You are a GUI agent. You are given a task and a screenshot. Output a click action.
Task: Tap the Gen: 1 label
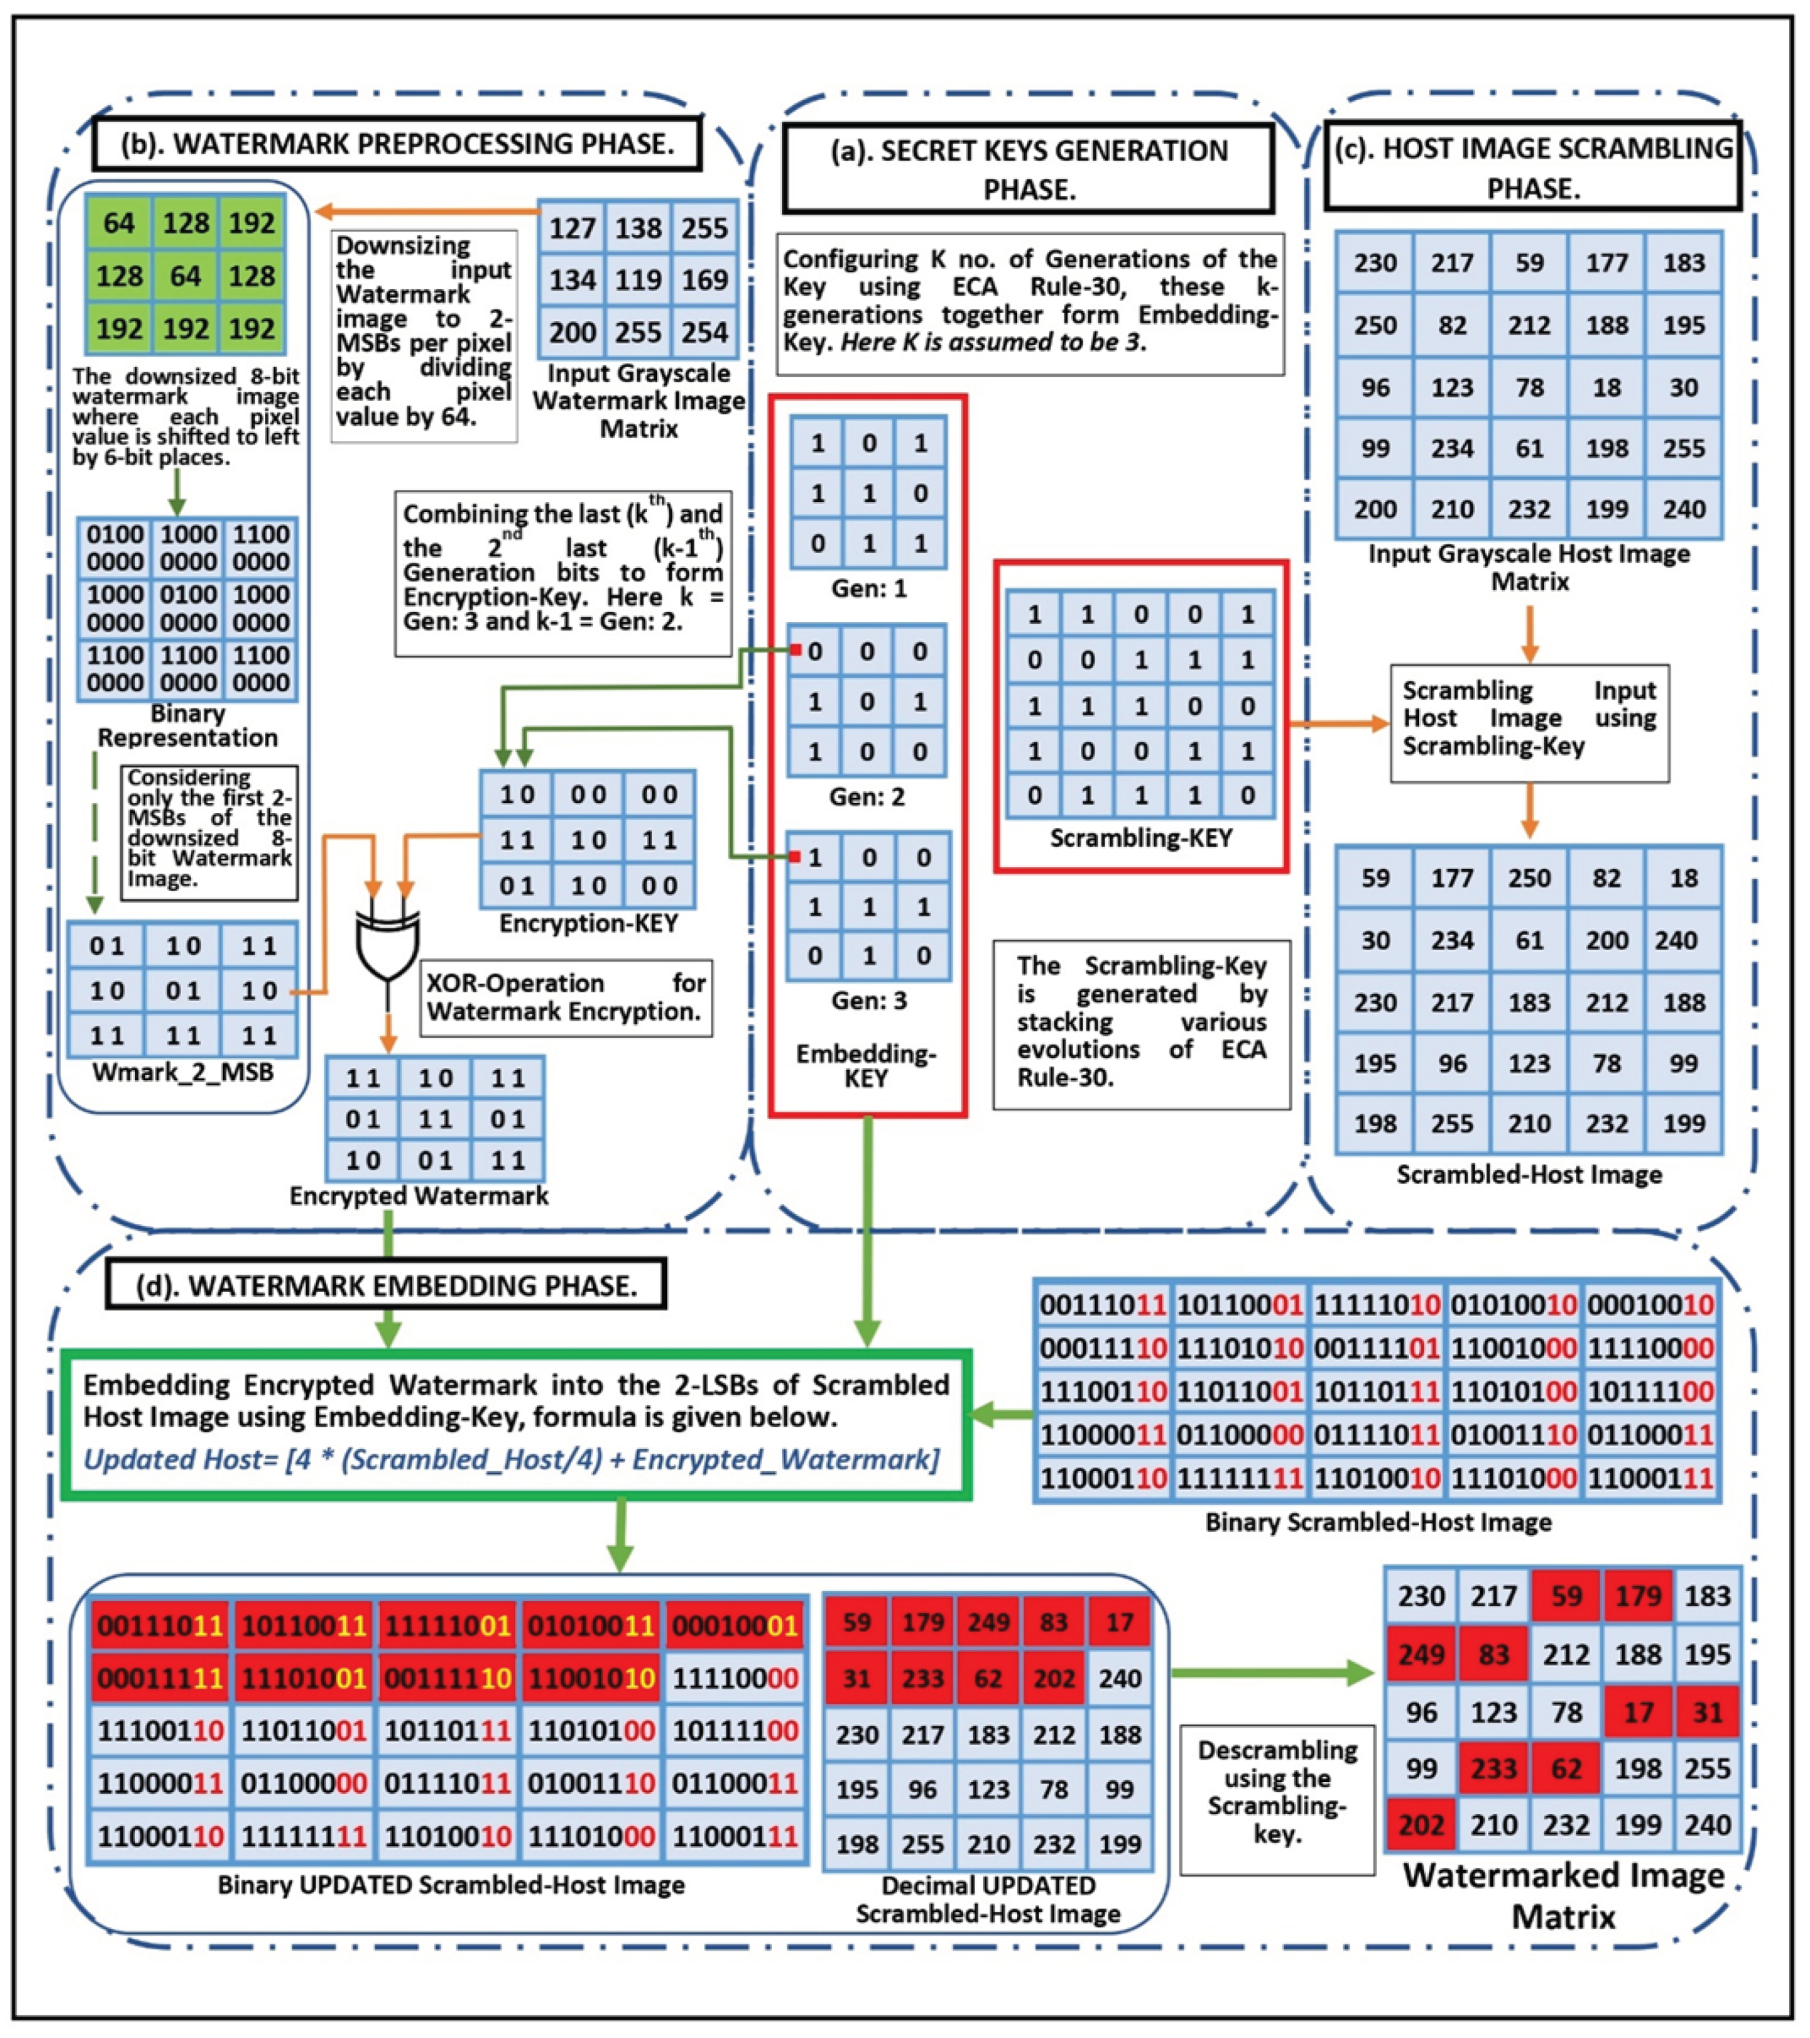(869, 588)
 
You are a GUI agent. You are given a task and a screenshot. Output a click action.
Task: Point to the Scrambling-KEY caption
(1141, 838)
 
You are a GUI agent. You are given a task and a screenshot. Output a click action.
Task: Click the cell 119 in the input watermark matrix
(638, 280)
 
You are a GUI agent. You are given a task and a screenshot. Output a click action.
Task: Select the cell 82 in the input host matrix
(1452, 325)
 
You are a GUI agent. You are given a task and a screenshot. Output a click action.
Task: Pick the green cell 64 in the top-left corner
(119, 223)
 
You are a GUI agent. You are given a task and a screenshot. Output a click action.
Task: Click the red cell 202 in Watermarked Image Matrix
(1420, 1825)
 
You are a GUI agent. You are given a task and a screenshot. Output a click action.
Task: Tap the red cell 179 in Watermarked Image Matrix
(1637, 1596)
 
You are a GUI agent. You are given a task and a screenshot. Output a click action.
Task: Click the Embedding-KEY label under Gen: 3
(865, 1066)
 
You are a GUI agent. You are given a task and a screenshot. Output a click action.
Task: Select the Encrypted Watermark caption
(419, 1195)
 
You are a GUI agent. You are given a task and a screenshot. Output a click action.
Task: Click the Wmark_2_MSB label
(183, 1073)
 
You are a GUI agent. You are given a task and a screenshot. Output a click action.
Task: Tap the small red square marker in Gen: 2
(796, 650)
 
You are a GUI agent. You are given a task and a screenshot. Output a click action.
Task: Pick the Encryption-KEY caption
(588, 923)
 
